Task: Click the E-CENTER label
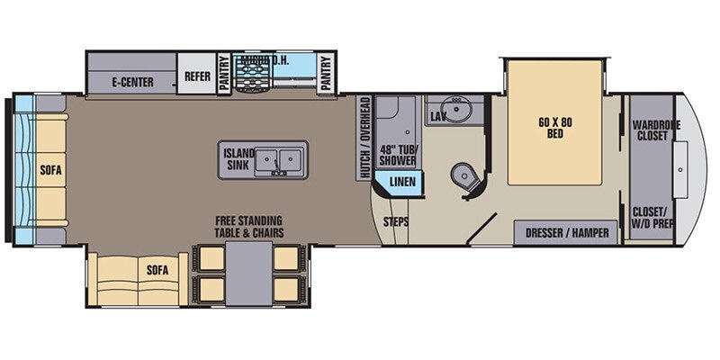(132, 83)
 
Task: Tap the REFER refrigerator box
(196, 77)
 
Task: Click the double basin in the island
(278, 160)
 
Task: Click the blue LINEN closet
(400, 184)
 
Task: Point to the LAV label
(438, 117)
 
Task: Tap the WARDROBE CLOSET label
(656, 130)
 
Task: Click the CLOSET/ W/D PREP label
(655, 220)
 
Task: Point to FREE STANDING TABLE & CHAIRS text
(247, 227)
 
